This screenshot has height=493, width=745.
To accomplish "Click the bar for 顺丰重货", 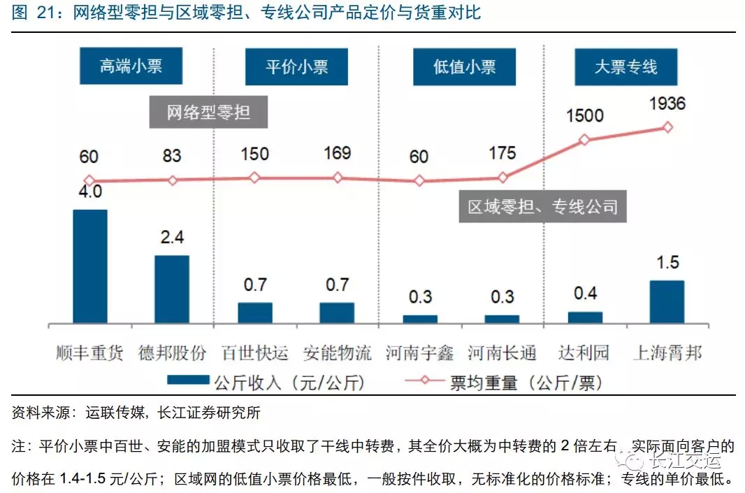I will click(90, 266).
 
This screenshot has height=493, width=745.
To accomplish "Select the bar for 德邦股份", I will click(172, 289).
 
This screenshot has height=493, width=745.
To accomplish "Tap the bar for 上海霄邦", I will click(667, 301).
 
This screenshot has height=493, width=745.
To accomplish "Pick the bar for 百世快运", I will click(255, 313).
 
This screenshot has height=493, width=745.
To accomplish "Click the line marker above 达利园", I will click(584, 140).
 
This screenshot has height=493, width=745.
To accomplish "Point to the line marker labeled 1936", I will click(667, 127).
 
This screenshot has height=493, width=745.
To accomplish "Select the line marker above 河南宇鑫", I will click(419, 180).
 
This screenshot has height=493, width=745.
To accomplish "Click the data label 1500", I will click(584, 115).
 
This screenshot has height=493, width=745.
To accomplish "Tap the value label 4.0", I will click(90, 191).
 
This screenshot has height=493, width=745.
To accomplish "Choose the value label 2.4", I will click(172, 238).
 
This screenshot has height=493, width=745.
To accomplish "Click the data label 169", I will click(338, 154).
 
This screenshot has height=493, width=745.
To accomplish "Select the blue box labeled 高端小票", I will click(131, 67).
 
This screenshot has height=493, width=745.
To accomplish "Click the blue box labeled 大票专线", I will click(626, 67).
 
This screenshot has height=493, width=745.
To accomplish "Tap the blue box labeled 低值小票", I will click(465, 67).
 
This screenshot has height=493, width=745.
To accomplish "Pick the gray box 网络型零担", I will click(208, 112).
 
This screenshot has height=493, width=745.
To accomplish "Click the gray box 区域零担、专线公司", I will click(543, 207).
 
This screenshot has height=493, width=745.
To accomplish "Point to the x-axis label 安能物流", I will click(338, 352).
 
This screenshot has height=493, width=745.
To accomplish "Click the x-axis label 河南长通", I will click(502, 352).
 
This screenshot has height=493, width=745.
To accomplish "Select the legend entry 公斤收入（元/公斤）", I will click(266, 383).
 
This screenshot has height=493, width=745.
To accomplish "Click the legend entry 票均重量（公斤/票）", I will click(502, 383).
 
